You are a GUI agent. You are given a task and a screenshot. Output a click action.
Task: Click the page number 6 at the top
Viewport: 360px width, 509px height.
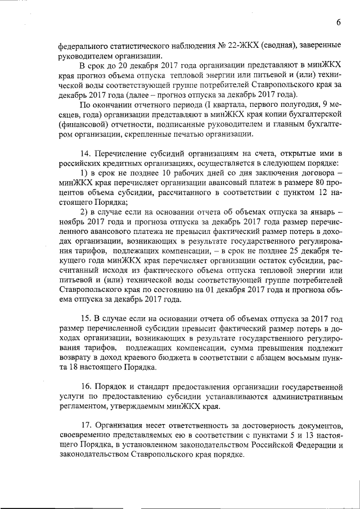339,22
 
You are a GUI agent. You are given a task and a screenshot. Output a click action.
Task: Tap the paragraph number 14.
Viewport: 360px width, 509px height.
85,154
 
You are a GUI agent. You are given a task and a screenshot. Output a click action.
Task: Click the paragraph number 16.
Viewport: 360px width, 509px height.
85,388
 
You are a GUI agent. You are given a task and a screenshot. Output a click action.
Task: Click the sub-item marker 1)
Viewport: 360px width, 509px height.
84,172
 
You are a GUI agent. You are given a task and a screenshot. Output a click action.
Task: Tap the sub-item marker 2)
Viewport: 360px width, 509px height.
84,211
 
